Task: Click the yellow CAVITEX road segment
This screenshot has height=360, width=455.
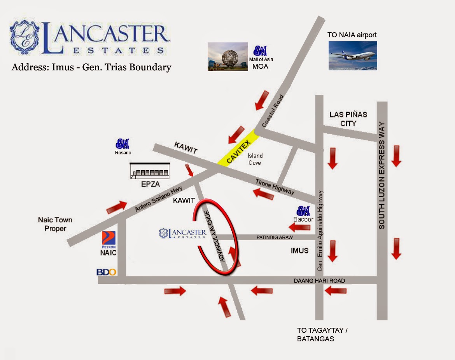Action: (x=238, y=148)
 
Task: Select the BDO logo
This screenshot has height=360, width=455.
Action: (x=106, y=272)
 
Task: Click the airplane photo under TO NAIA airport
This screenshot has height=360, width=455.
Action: (x=353, y=56)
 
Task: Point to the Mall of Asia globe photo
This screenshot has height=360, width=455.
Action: (x=228, y=57)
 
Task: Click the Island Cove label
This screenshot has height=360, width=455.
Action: (x=255, y=159)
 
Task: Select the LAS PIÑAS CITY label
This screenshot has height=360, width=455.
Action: (x=348, y=119)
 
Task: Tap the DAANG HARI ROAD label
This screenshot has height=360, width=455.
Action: (x=319, y=281)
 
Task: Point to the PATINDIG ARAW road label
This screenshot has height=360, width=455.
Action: (x=274, y=237)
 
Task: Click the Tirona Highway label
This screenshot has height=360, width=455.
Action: (x=275, y=187)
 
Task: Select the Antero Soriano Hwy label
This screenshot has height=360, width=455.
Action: (x=159, y=199)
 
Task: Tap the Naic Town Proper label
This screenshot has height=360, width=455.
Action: (x=55, y=224)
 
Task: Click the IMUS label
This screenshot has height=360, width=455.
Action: (x=299, y=250)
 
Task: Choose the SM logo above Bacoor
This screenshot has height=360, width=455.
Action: (x=303, y=211)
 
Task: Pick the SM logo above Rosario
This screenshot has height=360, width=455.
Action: (x=122, y=144)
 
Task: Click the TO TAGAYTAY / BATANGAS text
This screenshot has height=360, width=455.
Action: (x=322, y=334)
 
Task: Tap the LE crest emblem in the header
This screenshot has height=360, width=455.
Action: (x=24, y=37)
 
